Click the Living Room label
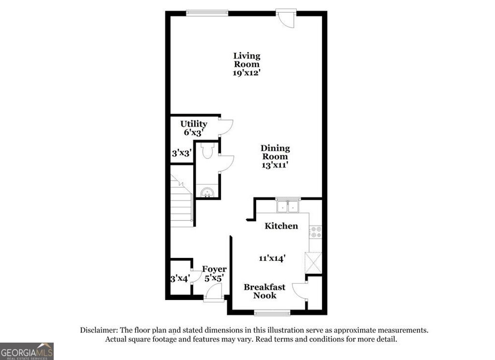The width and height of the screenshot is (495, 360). pyautogui.click(x=247, y=60)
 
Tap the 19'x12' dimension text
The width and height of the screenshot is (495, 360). pyautogui.click(x=247, y=73)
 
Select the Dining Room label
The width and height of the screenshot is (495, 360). pyautogui.click(x=275, y=152)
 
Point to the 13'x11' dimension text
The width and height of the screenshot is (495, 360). pyautogui.click(x=275, y=165)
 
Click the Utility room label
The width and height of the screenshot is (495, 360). pyautogui.click(x=194, y=124)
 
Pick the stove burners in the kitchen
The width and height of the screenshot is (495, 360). pyautogui.click(x=316, y=232)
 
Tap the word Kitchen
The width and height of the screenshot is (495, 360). pyautogui.click(x=281, y=226)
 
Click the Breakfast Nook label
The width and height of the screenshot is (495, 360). pyautogui.click(x=264, y=291)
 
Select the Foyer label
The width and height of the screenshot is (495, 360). pyautogui.click(x=214, y=269)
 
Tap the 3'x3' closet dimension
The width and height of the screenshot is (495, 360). pyautogui.click(x=182, y=153)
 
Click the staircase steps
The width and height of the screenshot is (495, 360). pyautogui.click(x=182, y=203)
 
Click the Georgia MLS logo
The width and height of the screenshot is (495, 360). pyautogui.click(x=27, y=351)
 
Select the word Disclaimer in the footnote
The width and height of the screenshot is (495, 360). pyautogui.click(x=100, y=330)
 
